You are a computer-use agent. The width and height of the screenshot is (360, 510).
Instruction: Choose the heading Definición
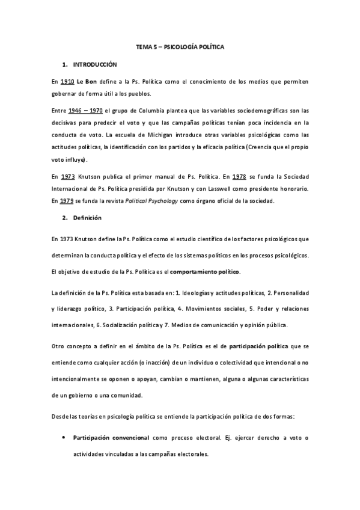coord(87,218)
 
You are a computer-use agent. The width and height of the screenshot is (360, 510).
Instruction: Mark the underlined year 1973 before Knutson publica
coord(68,176)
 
